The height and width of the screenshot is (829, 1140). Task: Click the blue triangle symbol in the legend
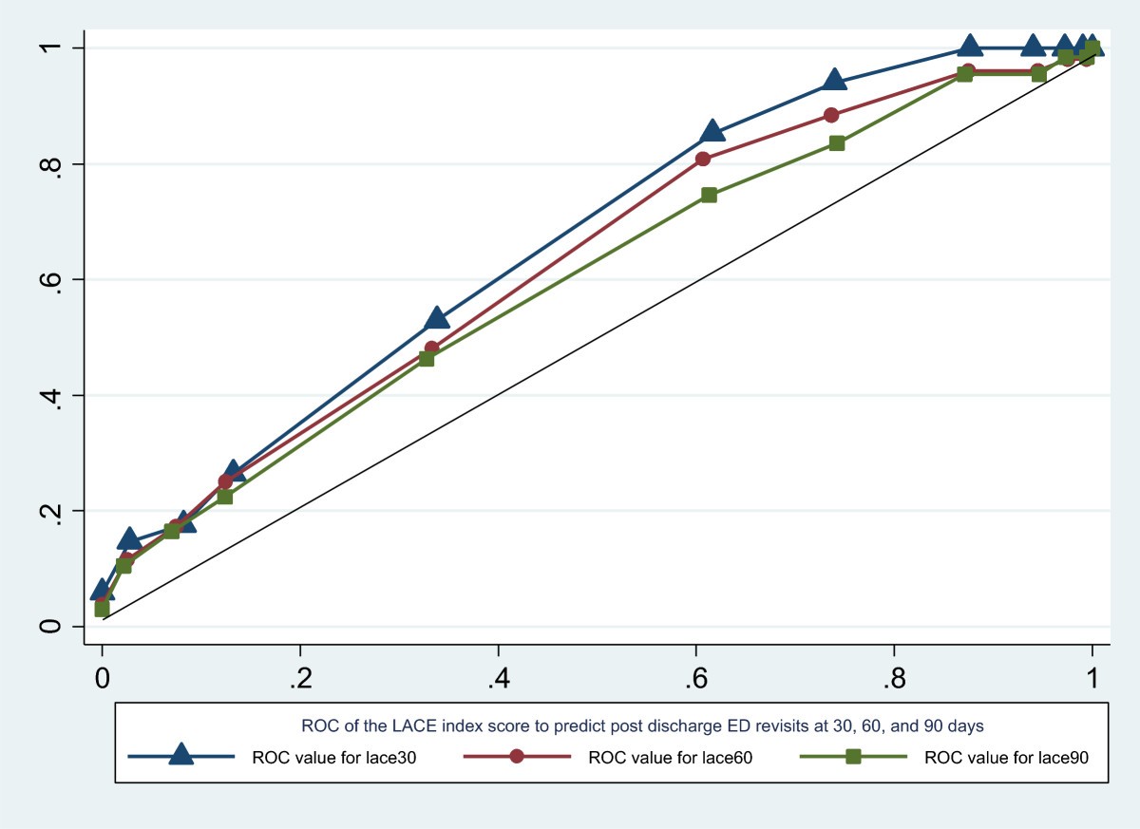(181, 756)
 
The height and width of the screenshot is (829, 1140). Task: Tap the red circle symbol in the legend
(517, 757)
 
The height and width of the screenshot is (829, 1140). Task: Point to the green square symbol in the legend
(853, 757)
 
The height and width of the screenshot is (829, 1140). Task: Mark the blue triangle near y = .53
(437, 317)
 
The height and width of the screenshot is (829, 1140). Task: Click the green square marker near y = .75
(709, 195)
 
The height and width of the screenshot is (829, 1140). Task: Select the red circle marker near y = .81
(703, 159)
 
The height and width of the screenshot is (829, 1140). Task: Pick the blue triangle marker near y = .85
(712, 131)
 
